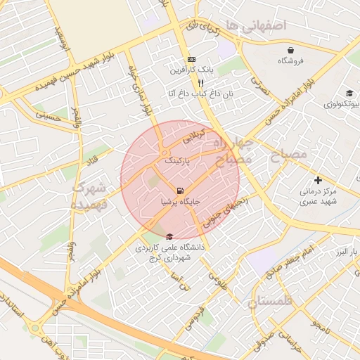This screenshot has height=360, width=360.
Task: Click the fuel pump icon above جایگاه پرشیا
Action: [181, 191]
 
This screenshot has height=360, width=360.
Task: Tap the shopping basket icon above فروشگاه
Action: [290, 50]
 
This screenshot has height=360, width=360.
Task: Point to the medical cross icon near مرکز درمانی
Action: [318, 180]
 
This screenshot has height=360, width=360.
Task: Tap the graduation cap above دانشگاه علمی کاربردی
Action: [169, 237]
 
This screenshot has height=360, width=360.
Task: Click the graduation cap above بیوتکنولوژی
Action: [349, 94]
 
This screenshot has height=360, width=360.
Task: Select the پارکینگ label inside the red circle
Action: [179, 161]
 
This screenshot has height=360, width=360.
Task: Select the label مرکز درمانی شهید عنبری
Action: [319, 196]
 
